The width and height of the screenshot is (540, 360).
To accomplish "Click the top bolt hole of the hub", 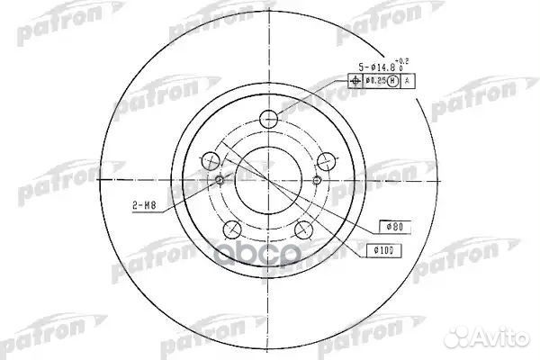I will click(268, 118).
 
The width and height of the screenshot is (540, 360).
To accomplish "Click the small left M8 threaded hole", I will click(220, 179).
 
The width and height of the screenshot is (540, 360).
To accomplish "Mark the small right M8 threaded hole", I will click(316, 179).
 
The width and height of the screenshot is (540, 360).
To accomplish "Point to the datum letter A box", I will click(409, 81).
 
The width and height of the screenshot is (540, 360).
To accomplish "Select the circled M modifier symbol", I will click(393, 81).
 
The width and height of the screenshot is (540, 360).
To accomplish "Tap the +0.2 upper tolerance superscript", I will click(400, 56).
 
